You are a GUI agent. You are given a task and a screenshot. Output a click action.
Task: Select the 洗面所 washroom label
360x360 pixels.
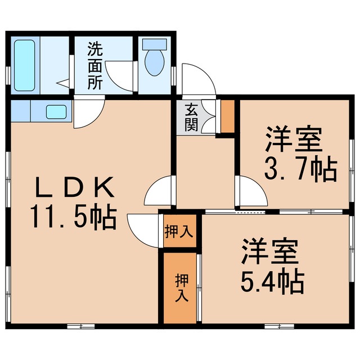pyautogui.click(x=94, y=66)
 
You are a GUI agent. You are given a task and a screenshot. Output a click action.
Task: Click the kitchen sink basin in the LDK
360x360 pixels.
pyautogui.click(x=55, y=112)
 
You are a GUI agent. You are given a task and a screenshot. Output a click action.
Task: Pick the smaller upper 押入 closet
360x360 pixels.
pyautogui.click(x=179, y=231)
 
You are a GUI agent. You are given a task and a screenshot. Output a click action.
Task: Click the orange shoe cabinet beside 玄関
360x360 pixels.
pyautogui.click(x=227, y=116)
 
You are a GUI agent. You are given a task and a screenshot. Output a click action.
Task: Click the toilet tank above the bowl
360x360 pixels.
pyautogui.click(x=153, y=45)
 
